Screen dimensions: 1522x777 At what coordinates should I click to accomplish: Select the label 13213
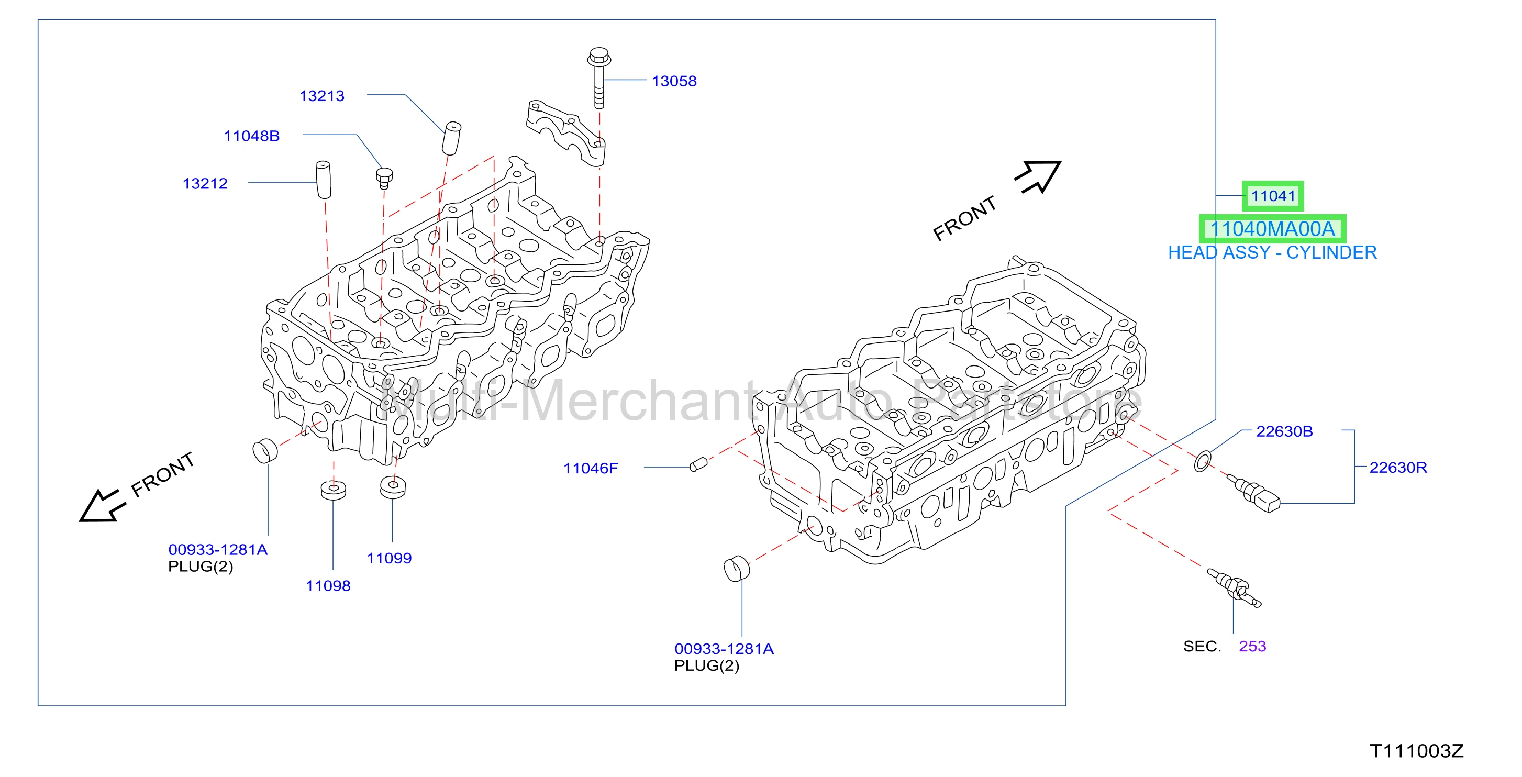(x=321, y=96)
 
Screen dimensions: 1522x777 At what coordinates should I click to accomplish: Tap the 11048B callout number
(x=252, y=136)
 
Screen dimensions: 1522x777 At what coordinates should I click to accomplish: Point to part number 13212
(x=205, y=184)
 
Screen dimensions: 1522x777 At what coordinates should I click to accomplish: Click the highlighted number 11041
(x=1273, y=196)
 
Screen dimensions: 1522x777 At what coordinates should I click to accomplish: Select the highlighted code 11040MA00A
(x=1272, y=229)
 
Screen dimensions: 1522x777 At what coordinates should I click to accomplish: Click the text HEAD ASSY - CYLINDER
(x=1272, y=252)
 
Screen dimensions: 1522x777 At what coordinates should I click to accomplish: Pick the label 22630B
(x=1284, y=431)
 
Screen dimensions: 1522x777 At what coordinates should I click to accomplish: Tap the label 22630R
(x=1398, y=468)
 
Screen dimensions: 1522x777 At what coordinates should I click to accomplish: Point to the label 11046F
(x=590, y=468)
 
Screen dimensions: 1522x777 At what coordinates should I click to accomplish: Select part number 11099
(x=389, y=558)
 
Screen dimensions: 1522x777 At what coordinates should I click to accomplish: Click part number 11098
(x=328, y=585)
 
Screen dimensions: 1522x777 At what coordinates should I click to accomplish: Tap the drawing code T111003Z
(x=1417, y=751)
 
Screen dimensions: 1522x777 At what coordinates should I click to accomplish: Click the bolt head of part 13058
(x=599, y=57)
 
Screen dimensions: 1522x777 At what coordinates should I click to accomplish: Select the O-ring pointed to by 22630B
(x=1202, y=461)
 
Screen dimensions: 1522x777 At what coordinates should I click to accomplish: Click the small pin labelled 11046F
(x=698, y=465)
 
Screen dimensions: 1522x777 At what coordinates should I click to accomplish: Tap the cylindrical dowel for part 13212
(x=323, y=179)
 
